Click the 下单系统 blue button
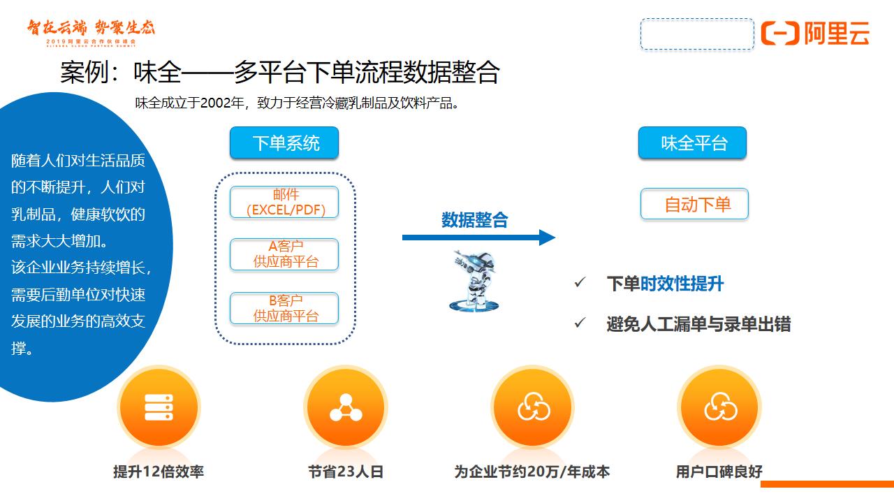pyautogui.click(x=284, y=143)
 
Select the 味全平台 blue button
pyautogui.click(x=692, y=143)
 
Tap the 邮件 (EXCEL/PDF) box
pyautogui.click(x=284, y=202)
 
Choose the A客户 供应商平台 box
pyautogui.click(x=284, y=254)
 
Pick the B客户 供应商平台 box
pyautogui.click(x=284, y=308)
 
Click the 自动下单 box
pyautogui.click(x=694, y=204)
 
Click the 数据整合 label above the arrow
pyautogui.click(x=475, y=219)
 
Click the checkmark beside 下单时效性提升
pyautogui.click(x=580, y=283)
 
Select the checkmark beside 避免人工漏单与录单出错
pyautogui.click(x=580, y=323)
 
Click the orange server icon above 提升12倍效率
pyautogui.click(x=159, y=407)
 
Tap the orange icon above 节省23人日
pyautogui.click(x=346, y=407)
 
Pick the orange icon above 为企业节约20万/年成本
pyautogui.click(x=533, y=407)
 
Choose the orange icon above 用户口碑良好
pyautogui.click(x=720, y=407)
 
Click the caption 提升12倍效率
pyautogui.click(x=159, y=472)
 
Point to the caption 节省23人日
pyautogui.click(x=346, y=472)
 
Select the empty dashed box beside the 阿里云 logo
pyautogui.click(x=697, y=34)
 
